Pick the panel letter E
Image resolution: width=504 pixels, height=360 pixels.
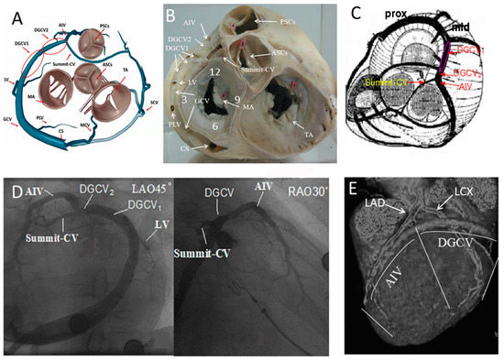click(x=354, y=191)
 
